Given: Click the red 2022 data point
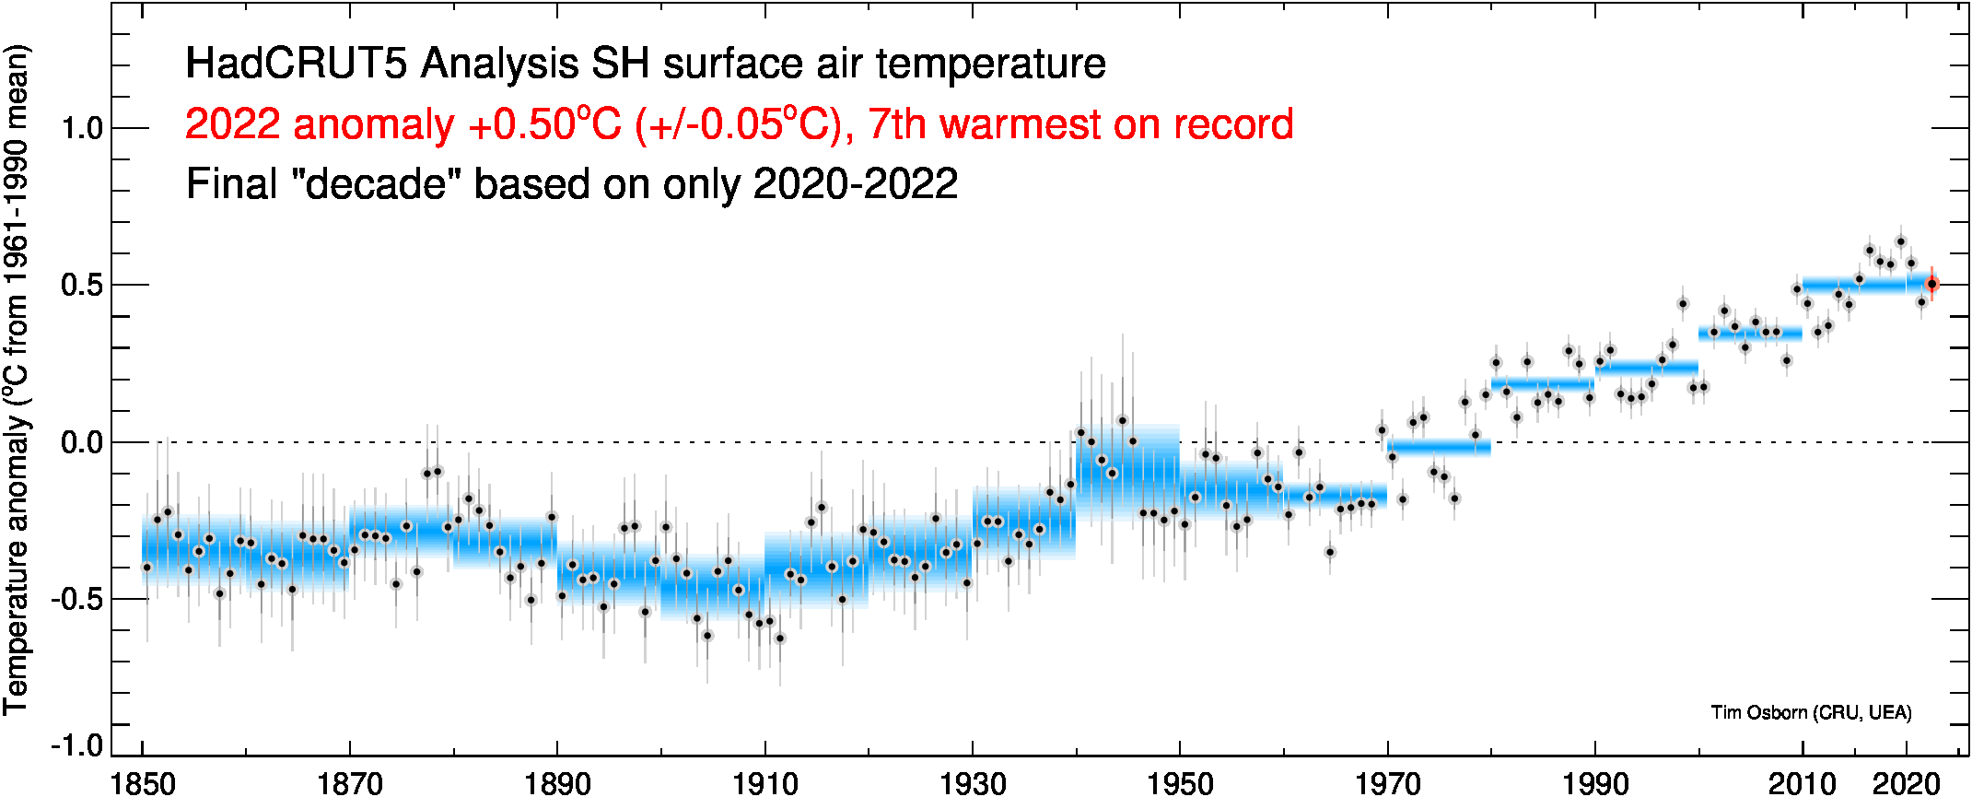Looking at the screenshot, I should coord(1931,284).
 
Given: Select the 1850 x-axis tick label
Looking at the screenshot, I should coord(143,783).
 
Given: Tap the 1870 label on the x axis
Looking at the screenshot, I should coord(350,783).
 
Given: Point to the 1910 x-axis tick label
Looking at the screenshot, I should coord(764,783).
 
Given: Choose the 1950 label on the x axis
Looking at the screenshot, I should coord(1180,783).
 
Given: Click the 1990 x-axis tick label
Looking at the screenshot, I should coord(1595,783).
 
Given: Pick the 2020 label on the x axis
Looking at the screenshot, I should coord(1907,783).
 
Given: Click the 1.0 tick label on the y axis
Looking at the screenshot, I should coord(82,128).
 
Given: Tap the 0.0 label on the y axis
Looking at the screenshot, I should coord(82,443).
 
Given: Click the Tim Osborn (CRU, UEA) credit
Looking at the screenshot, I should coord(1811,712).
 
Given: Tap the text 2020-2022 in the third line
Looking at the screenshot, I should coord(855,184).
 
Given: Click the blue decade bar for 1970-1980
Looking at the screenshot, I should coord(1439,448).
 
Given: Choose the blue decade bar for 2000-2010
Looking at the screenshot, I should coord(1750,334).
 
